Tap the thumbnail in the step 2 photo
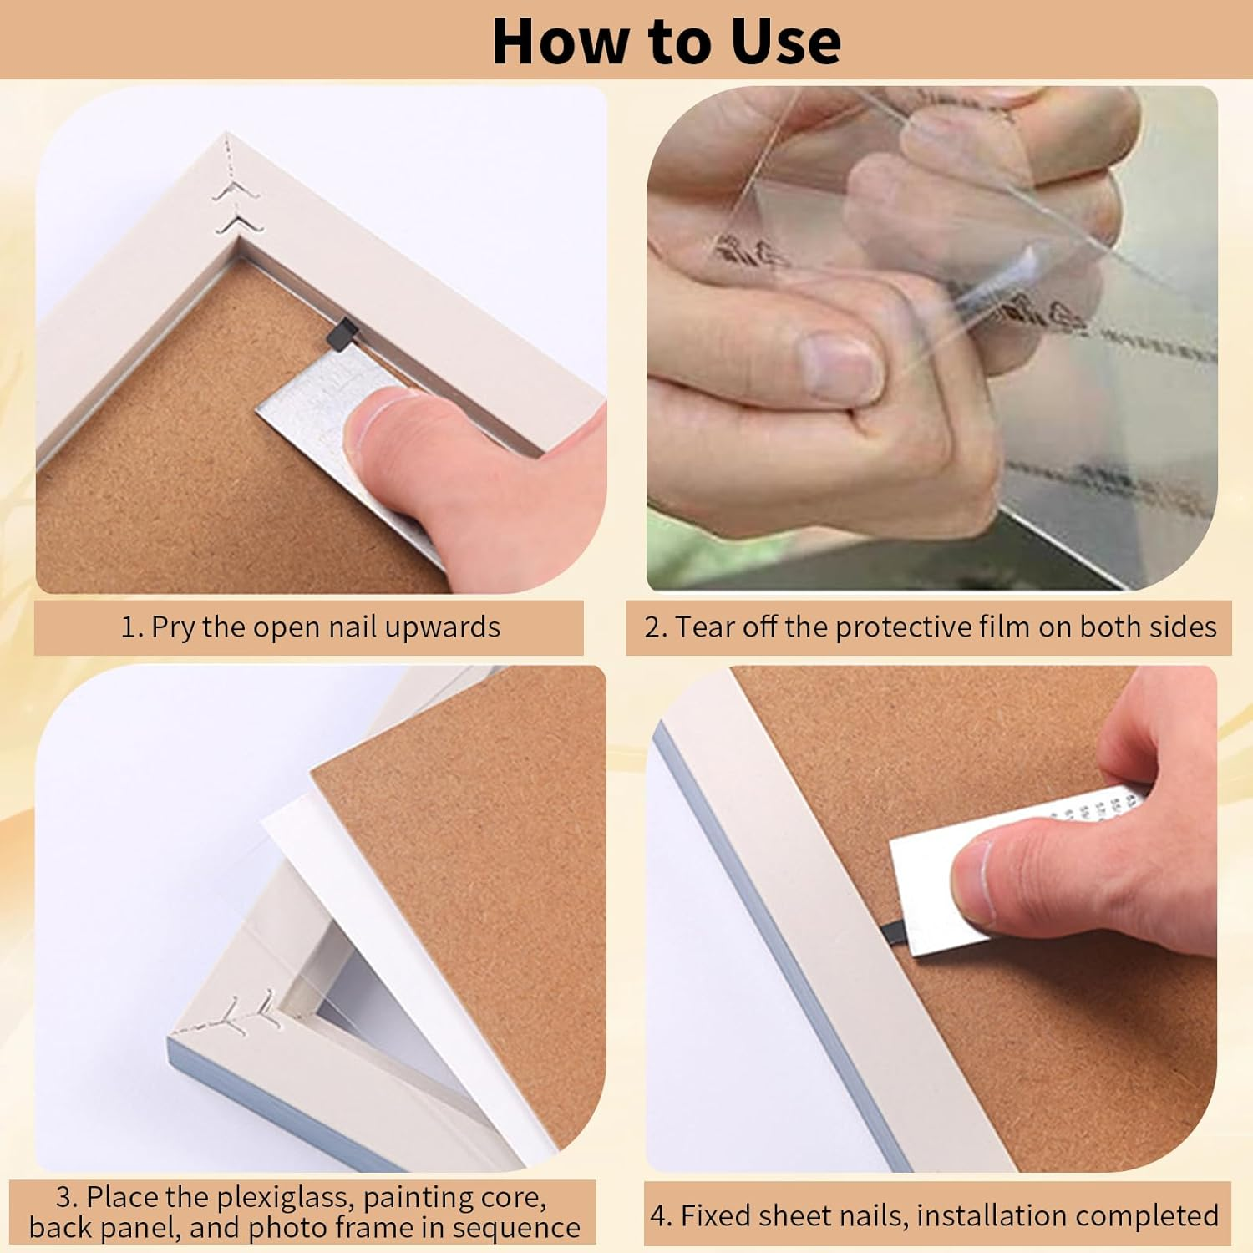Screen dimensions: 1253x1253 (840, 363)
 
